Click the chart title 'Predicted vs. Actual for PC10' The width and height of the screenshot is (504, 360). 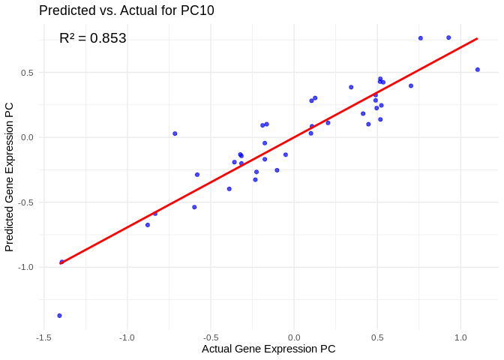point(126,10)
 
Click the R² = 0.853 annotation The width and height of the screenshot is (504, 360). point(93,38)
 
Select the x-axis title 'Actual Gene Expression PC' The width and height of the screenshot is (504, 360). point(268,349)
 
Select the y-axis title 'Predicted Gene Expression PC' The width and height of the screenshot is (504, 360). point(9,176)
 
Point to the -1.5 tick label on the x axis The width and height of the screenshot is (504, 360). point(43,337)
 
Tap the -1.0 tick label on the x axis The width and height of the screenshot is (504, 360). point(126,337)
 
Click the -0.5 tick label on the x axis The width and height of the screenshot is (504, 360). point(210,337)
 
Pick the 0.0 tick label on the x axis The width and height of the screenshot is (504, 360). point(294,337)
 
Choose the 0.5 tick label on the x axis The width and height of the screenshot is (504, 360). point(377,337)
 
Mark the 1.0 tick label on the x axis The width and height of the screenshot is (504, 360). point(460,337)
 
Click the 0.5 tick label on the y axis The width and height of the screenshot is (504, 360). point(27,73)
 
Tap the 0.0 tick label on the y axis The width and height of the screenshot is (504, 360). point(27,137)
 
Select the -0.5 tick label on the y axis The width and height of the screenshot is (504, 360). point(25,202)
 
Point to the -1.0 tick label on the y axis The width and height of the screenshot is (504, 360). point(25,267)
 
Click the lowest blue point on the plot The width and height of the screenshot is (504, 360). point(59,316)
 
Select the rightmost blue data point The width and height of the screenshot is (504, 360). point(477,70)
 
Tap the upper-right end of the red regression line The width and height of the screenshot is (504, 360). point(477,39)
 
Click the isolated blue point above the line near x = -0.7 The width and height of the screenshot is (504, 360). point(175,133)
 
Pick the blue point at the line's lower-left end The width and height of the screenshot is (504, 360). point(62,262)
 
